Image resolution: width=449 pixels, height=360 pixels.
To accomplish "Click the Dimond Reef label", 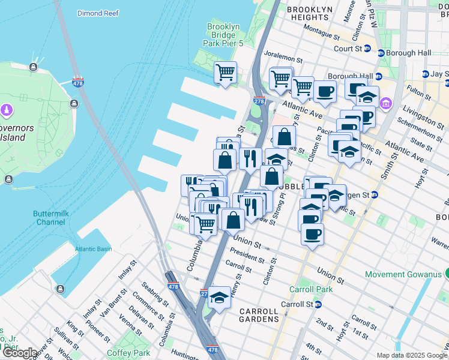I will pos(97,13).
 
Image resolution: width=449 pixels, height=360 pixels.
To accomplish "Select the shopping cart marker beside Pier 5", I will pos(226,73).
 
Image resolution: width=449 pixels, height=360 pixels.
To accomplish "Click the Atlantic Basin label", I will pos(93,249).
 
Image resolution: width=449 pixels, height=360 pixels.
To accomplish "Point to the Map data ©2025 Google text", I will pos(412,355).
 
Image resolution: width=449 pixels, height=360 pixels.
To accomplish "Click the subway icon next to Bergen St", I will pos(375,194).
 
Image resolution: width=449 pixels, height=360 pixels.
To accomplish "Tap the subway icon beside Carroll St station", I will pos(318,304).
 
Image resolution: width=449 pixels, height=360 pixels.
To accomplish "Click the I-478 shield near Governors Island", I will pos(77,81).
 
